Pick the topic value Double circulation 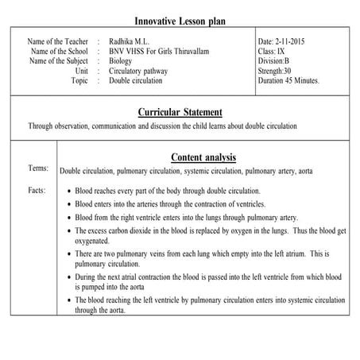(x=137, y=81)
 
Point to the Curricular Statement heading (x=180, y=112)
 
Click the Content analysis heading (x=203, y=157)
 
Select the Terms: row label (x=38, y=168)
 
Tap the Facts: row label (x=37, y=191)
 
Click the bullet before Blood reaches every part (x=70, y=192)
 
